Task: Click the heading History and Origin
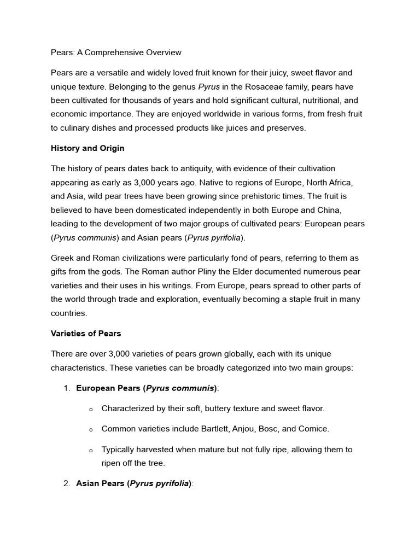tap(87, 148)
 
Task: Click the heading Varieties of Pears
tap(86, 333)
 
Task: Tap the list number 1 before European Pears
tap(67, 388)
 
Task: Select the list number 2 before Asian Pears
tap(67, 483)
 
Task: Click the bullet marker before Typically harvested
tap(91, 450)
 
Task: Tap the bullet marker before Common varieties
tap(91, 430)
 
